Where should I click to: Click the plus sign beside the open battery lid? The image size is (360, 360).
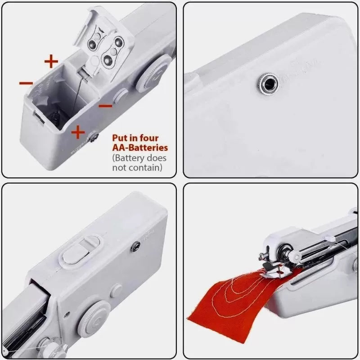coord(51,60)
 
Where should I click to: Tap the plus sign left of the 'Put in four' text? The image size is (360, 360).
coord(78,131)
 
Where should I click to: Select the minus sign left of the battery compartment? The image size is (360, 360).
coord(26,83)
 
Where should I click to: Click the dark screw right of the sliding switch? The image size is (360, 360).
coord(134,245)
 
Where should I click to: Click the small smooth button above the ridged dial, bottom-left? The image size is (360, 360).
coord(116,291)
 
